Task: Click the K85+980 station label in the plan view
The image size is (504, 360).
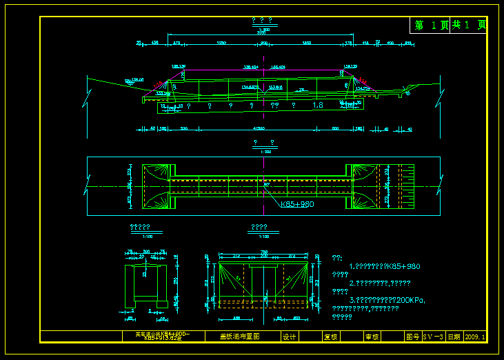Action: point(298,204)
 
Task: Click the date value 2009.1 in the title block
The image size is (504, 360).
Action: point(476,337)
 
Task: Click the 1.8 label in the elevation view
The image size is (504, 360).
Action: point(317,106)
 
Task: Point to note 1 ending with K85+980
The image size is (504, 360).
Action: point(385,266)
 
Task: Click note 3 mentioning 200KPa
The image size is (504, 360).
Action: point(387,300)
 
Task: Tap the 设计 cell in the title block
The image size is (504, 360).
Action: point(290,337)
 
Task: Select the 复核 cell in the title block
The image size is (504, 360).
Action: point(330,337)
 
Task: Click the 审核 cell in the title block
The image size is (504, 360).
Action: point(372,337)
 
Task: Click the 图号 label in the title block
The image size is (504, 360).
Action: point(412,337)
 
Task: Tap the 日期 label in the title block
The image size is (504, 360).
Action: point(454,337)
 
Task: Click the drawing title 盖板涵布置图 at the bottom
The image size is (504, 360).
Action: point(239,337)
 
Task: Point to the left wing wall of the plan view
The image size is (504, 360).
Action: point(155,186)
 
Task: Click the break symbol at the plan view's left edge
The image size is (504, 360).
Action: point(88,186)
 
